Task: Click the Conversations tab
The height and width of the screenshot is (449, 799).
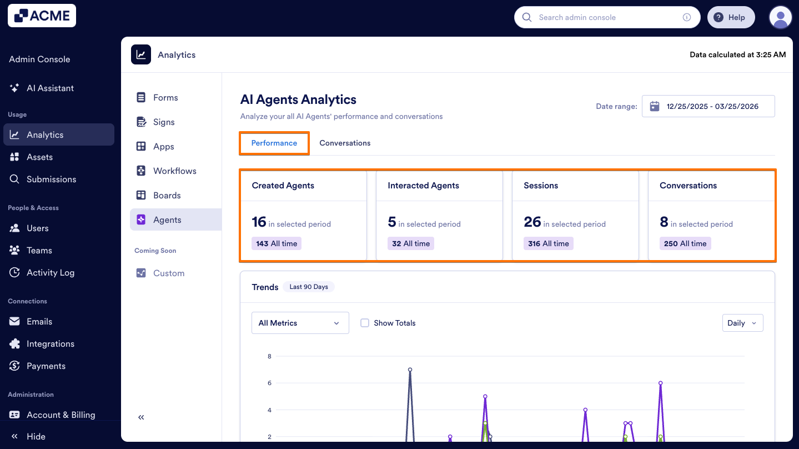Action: tap(345, 143)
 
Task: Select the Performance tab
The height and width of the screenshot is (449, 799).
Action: tap(274, 143)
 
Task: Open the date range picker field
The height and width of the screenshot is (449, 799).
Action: tap(708, 106)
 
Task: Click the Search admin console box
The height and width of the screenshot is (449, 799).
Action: tap(605, 17)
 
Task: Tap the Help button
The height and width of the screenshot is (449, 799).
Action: tap(730, 17)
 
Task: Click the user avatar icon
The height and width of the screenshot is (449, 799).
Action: tap(780, 17)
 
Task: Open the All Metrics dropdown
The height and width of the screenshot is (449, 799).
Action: tap(300, 323)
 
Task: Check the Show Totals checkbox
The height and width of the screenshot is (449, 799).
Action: tap(365, 323)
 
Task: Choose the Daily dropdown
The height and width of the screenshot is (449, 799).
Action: tap(742, 323)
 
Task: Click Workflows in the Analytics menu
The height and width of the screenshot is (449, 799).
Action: tap(174, 171)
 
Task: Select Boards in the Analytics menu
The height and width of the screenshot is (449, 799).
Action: tap(167, 195)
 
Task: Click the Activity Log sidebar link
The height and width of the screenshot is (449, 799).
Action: tap(50, 272)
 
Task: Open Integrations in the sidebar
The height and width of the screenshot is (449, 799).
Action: tap(50, 343)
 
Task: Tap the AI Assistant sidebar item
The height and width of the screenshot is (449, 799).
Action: tap(50, 88)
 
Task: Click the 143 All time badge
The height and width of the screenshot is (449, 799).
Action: tap(277, 243)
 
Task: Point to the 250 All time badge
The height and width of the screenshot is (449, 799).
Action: tap(685, 243)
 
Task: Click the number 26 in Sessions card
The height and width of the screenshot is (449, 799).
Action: tap(532, 222)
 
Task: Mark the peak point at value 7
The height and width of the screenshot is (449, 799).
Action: tap(410, 370)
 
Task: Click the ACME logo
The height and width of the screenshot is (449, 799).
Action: tap(42, 16)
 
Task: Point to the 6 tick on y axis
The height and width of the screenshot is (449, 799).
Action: tap(269, 383)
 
